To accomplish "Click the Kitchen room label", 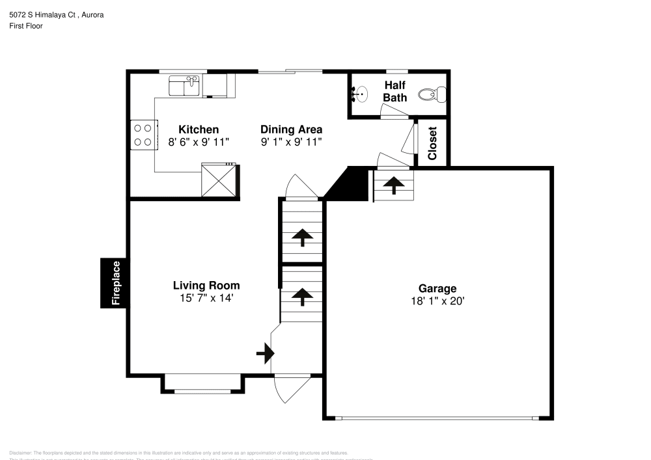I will click(x=199, y=129).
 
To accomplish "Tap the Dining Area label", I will click(x=291, y=129).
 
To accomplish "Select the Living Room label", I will click(x=206, y=285).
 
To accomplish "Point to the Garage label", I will click(x=437, y=288).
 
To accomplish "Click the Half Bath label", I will click(x=395, y=92).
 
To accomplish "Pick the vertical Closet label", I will click(x=432, y=143).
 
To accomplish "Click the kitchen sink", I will click(x=184, y=85).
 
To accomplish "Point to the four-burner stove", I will click(x=143, y=135).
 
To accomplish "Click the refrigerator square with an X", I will click(x=219, y=180).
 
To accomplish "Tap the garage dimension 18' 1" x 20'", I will click(x=437, y=301).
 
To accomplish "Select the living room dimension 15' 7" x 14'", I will click(x=206, y=297).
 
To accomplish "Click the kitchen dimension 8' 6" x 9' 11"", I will click(x=199, y=141).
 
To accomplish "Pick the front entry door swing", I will click(x=286, y=389).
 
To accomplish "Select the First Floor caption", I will click(x=25, y=26).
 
